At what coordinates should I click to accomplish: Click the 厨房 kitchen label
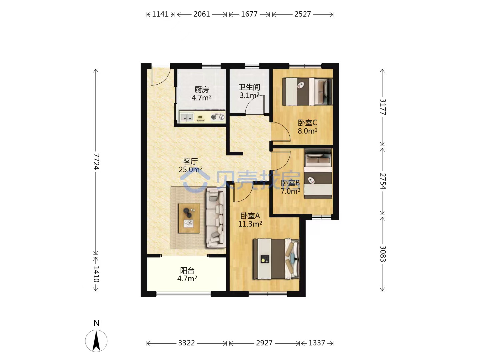point(201,90)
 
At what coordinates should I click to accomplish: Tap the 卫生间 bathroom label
point(249,87)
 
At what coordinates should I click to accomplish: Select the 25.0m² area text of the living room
point(190,169)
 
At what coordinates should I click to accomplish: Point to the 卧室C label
point(307,123)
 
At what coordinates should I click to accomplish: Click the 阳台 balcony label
point(187,271)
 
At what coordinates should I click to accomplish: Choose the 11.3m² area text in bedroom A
point(250,224)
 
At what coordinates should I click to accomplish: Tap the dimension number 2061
point(202,14)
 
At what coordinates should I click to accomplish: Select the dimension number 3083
point(383,254)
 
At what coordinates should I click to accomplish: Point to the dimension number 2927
point(264,343)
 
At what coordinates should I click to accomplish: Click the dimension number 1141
point(160,14)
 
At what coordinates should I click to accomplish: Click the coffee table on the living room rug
point(189,218)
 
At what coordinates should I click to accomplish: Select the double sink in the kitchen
point(187,117)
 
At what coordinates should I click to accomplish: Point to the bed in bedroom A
point(276,259)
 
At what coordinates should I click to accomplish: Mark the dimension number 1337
point(317,343)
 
